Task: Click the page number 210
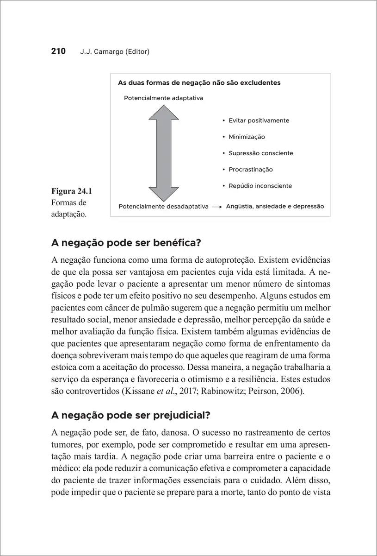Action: tap(58, 51)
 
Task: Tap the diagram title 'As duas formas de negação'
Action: tap(199, 83)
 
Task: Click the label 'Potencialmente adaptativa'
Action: tap(163, 98)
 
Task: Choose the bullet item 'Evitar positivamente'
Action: tap(259, 120)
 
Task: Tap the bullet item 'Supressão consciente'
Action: tap(260, 153)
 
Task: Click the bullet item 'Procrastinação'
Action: tap(251, 170)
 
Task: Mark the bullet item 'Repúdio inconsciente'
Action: tap(260, 186)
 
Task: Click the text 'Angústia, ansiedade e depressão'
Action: tap(275, 206)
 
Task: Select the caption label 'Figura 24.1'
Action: tap(72, 191)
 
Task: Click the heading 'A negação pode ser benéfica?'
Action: tap(127, 243)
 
